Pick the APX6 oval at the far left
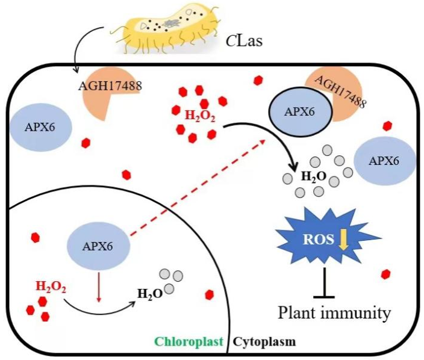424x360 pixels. click(x=40, y=128)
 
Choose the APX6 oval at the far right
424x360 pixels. click(x=384, y=160)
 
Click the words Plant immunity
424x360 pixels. click(x=334, y=313)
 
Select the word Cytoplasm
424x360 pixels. click(x=264, y=342)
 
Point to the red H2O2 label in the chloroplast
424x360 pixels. click(x=51, y=285)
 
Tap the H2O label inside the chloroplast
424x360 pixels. click(x=151, y=293)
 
